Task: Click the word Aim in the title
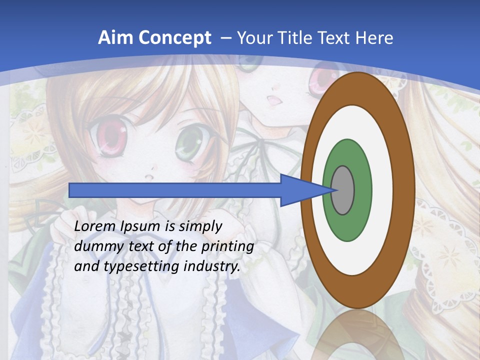tap(113, 37)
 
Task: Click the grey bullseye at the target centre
tap(343, 190)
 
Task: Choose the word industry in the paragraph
tap(212, 266)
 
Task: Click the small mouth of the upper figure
tap(274, 99)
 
